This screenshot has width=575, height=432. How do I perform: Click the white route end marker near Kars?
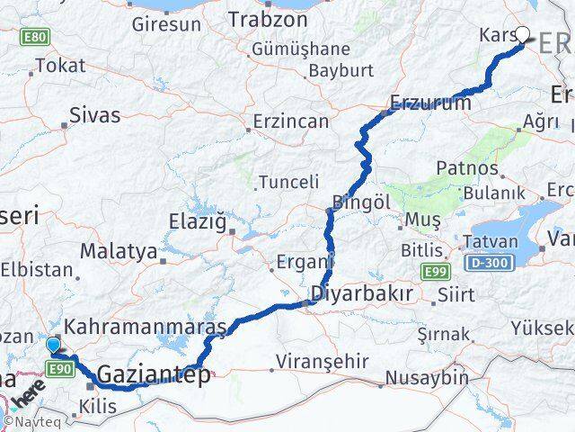523,36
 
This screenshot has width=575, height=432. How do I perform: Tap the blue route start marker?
54,345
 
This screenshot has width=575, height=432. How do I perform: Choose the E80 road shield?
37,37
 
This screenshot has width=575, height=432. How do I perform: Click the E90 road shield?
60,369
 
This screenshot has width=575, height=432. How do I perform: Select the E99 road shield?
434,269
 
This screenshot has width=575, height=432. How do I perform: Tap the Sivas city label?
94,116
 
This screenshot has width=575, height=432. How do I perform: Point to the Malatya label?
119,251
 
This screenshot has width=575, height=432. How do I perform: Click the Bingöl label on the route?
360,202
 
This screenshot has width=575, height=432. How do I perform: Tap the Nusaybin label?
427,378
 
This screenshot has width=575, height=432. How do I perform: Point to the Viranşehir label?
318,361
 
